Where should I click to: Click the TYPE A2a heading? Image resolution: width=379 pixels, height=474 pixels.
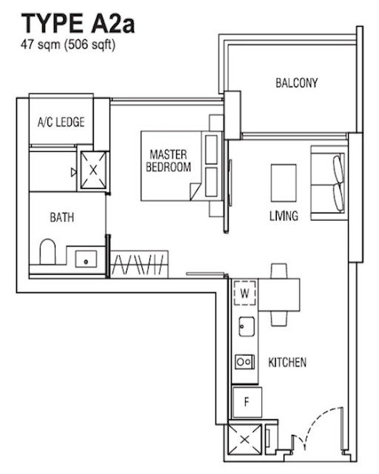click(x=78, y=24)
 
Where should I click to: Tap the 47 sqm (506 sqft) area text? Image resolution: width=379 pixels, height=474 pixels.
click(x=68, y=44)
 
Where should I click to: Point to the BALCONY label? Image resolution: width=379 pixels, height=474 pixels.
click(x=297, y=83)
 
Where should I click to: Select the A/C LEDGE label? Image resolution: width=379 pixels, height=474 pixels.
click(x=61, y=121)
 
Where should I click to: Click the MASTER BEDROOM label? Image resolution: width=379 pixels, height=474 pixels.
click(x=168, y=161)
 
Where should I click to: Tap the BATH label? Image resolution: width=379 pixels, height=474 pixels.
click(x=62, y=217)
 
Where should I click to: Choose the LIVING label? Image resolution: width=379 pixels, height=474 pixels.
click(x=284, y=216)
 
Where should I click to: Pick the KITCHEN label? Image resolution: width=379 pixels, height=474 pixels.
click(x=287, y=362)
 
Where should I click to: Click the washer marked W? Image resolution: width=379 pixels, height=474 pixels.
click(x=245, y=293)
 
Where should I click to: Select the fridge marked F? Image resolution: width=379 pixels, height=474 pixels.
click(x=246, y=402)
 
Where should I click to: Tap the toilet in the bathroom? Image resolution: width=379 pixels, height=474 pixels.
click(x=48, y=252)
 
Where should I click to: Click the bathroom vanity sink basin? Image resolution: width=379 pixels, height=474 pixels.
click(x=86, y=259)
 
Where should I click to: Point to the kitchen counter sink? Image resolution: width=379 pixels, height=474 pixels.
click(x=246, y=327)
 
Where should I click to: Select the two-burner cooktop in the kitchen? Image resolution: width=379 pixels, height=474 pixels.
click(x=244, y=361)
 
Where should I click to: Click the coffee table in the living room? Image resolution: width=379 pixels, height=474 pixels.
click(x=284, y=183)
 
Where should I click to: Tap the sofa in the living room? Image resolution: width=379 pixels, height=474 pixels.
click(x=329, y=183)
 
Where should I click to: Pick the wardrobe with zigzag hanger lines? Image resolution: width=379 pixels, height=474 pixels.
click(x=139, y=264)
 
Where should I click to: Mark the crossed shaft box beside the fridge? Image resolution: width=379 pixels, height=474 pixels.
click(x=245, y=439)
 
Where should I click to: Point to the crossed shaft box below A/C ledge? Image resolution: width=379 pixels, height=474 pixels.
click(x=93, y=170)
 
